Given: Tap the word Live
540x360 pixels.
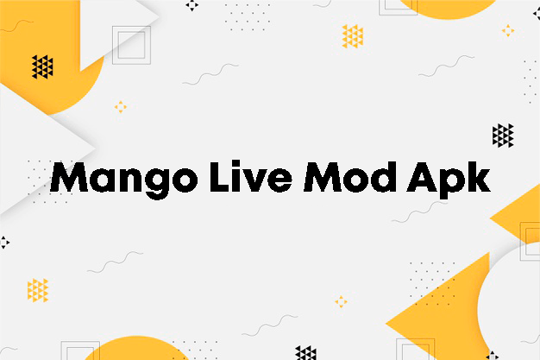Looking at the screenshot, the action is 251,176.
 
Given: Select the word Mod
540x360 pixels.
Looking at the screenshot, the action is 349,177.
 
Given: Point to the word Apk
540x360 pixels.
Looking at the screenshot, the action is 449,180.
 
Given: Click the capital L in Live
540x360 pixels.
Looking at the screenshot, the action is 219,177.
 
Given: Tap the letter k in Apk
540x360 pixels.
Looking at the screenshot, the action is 477,177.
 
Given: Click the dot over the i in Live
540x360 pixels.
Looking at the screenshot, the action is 235,163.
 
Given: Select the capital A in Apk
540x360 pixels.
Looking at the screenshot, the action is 421,177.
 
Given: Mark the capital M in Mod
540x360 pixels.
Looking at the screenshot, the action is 323,177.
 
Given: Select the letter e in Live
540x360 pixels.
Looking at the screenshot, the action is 279,180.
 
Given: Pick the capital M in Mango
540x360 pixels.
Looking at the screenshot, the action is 69,177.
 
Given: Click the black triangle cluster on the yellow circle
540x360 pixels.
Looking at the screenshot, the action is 42,66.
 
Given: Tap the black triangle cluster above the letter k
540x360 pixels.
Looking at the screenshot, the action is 503,136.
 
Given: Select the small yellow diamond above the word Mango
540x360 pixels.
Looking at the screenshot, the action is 121,107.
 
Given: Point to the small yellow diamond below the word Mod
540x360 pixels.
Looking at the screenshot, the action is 341,301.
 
